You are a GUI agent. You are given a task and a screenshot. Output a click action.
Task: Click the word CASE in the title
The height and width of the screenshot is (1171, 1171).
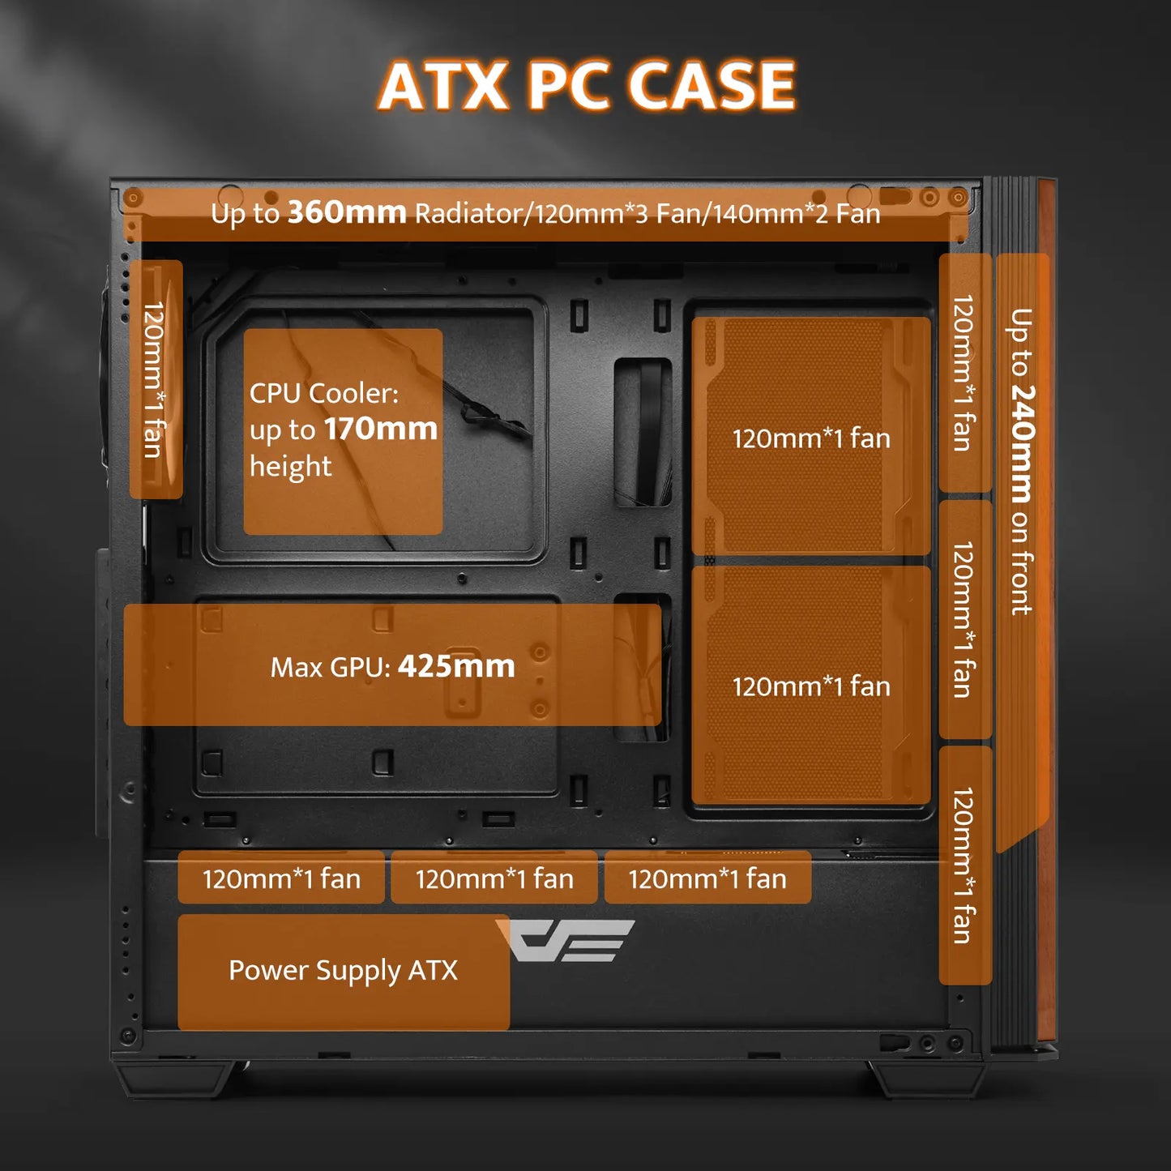712,86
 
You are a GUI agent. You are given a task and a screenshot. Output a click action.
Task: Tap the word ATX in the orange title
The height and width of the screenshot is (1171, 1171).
442,86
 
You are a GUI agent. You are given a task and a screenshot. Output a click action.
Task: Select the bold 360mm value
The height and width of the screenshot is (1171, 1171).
347,212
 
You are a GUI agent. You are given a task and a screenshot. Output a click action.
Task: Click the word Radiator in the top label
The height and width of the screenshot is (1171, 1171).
468,214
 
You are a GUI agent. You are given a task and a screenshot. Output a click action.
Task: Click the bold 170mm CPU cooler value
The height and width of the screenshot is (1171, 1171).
380,429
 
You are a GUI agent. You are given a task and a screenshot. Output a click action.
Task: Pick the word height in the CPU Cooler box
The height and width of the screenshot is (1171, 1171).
290,467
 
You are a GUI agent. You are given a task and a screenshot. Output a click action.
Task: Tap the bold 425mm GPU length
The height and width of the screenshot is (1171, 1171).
456,666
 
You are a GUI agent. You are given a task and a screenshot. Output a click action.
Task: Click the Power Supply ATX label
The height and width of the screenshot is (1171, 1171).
343,971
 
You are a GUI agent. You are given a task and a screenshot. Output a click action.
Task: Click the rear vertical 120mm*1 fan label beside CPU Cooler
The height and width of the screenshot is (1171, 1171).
155,379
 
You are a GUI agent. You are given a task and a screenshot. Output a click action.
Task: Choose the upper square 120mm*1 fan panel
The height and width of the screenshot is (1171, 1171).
810,438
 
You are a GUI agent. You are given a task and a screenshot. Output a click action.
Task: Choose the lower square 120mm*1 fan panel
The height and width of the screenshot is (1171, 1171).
810,686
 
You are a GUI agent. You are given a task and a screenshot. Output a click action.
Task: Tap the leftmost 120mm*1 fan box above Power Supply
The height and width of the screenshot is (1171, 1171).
281,878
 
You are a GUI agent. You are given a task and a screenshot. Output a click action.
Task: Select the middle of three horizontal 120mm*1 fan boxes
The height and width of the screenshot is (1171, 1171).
494,878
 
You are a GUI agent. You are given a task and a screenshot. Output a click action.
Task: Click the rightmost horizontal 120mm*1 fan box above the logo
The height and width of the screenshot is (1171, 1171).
707,878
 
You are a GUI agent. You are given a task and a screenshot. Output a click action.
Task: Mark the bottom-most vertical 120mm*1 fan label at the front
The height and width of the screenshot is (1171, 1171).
964,865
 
